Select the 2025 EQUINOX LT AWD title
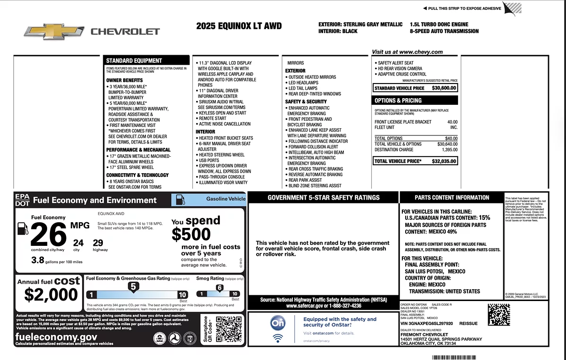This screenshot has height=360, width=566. [239, 26]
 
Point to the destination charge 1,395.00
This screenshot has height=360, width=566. [449, 150]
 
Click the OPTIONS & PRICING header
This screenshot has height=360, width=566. [398, 100]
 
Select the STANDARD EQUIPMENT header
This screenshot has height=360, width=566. [134, 61]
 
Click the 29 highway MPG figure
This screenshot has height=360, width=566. [98, 243]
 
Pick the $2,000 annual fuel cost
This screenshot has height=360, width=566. [51, 295]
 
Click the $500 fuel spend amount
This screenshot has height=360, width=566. [191, 234]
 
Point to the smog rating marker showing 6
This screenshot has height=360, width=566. [219, 287]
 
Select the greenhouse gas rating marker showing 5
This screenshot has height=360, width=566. [133, 286]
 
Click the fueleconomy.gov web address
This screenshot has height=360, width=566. [56, 337]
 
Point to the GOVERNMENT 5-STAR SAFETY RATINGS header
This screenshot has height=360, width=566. [323, 198]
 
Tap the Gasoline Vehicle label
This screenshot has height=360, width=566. [225, 199]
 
